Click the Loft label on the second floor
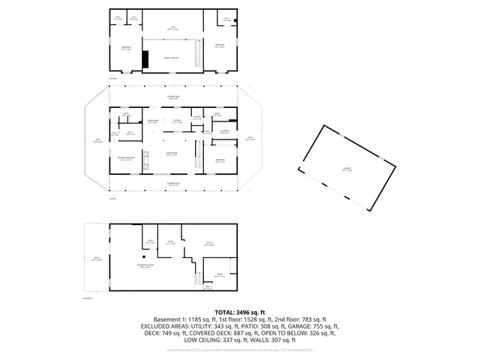(x=172, y=26)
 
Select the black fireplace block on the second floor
(x=146, y=59)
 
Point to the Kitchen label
(x=178, y=121)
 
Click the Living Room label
(x=171, y=154)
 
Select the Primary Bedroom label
(x=124, y=159)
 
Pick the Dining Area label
(x=152, y=121)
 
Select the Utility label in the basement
(x=208, y=242)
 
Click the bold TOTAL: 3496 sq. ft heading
(x=240, y=312)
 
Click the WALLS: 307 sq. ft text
(x=290, y=340)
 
